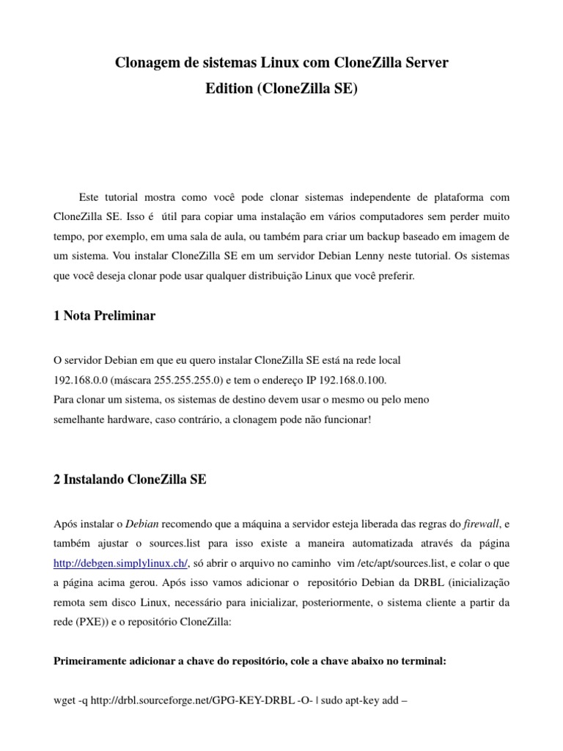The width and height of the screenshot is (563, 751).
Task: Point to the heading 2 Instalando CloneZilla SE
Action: [130, 480]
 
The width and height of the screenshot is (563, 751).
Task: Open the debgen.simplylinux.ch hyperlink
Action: [121, 563]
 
